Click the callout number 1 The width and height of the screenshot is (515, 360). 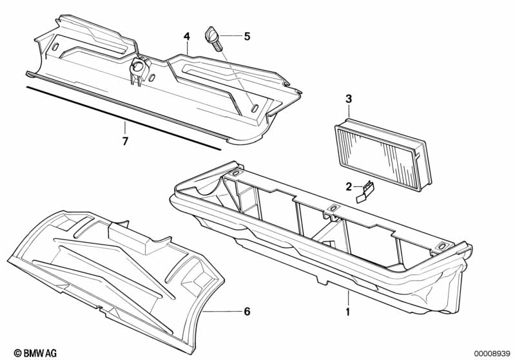point(349,313)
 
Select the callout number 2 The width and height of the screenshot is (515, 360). point(349,187)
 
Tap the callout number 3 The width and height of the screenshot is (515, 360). point(349,99)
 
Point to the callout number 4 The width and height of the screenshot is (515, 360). point(187,36)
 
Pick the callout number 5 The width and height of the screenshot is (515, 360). point(246,37)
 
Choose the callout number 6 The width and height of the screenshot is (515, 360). point(246,312)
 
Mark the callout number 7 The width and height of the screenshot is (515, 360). point(126,140)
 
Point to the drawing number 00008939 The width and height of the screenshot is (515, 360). point(492,352)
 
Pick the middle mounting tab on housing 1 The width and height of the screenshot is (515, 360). point(333,207)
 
